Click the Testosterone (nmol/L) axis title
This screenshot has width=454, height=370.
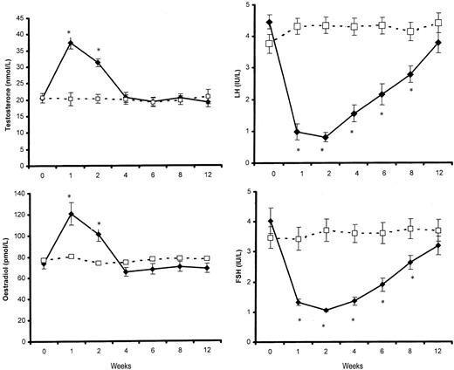tap(8, 85)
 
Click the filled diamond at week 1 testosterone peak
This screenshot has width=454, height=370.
tap(69, 43)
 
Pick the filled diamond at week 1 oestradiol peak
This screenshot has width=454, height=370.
tap(69, 214)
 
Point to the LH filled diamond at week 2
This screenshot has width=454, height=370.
tap(326, 137)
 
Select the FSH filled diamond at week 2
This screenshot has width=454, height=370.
tap(326, 311)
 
